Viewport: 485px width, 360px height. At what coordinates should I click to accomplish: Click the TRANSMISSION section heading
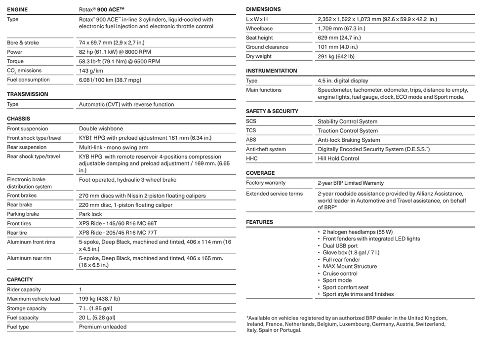click(x=28, y=94)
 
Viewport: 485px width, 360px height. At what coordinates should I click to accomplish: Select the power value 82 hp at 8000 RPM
click(x=115, y=52)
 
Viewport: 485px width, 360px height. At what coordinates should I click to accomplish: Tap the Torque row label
click(x=15, y=61)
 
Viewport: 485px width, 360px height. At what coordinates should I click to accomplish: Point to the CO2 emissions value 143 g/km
click(x=91, y=71)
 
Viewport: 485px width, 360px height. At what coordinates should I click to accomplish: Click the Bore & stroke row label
click(x=23, y=43)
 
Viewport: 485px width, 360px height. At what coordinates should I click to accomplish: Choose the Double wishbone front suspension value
click(x=101, y=129)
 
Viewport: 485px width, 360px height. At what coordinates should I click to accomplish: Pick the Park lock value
click(x=90, y=214)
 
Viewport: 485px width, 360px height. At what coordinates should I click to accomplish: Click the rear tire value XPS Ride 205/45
click(x=118, y=233)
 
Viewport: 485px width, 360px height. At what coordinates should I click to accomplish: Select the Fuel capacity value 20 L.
click(x=97, y=318)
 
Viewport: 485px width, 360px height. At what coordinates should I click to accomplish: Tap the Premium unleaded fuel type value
click(x=103, y=327)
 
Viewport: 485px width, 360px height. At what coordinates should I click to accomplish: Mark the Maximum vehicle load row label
click(x=34, y=299)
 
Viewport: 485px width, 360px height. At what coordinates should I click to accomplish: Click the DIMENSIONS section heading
click(x=263, y=9)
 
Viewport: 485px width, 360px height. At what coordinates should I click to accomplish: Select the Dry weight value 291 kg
click(x=336, y=57)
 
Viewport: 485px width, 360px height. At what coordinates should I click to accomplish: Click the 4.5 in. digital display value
click(x=343, y=81)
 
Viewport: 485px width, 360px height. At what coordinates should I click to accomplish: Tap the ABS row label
click(x=251, y=140)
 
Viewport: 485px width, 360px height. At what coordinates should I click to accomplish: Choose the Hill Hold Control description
click(x=338, y=159)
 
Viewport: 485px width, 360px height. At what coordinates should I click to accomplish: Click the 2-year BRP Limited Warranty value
click(x=351, y=183)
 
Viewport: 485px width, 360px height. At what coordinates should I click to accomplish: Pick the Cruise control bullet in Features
click(x=340, y=274)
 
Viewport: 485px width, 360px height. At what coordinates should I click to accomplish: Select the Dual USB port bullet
click(x=340, y=246)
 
